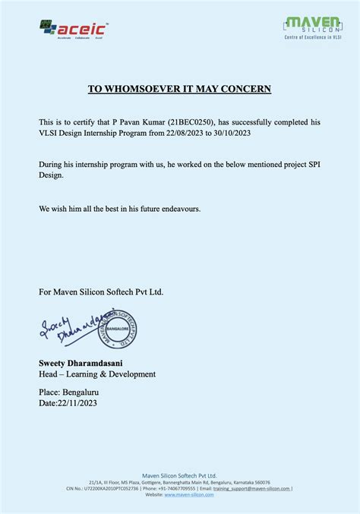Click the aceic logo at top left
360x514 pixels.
[x=74, y=30]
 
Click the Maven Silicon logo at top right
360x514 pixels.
[x=312, y=27]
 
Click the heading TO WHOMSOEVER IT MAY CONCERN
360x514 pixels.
[x=179, y=89]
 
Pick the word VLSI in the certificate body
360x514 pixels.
[x=51, y=133]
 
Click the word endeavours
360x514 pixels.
[x=179, y=208]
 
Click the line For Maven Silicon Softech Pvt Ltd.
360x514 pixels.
[x=100, y=291]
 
